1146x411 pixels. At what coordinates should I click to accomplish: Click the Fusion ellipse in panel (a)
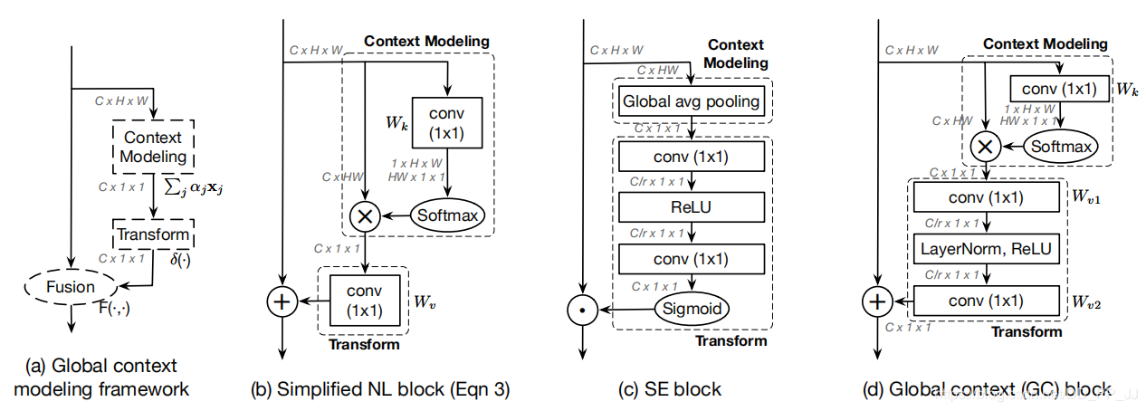pos(72,287)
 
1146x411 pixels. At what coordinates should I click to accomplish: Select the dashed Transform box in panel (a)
pos(153,234)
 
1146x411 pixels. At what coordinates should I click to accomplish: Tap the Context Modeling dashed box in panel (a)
pos(153,148)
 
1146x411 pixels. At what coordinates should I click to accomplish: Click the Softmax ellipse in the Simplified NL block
pos(447,215)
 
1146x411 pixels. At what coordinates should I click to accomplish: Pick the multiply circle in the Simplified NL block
pos(364,215)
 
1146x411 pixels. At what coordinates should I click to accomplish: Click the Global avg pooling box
pos(692,101)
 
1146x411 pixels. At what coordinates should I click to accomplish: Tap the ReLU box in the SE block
pos(692,207)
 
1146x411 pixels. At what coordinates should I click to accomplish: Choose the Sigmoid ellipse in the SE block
pos(692,309)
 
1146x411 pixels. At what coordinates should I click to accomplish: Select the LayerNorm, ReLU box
pos(986,246)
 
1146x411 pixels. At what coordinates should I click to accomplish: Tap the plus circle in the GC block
pos(876,301)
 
